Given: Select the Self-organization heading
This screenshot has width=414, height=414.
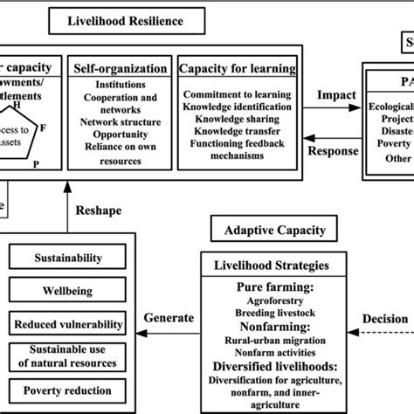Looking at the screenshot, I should click(118, 68).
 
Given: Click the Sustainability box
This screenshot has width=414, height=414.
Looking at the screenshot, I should click(67, 258).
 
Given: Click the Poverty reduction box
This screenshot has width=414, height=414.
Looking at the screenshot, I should click(67, 389).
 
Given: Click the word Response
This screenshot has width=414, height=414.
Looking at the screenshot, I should click(333, 150).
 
